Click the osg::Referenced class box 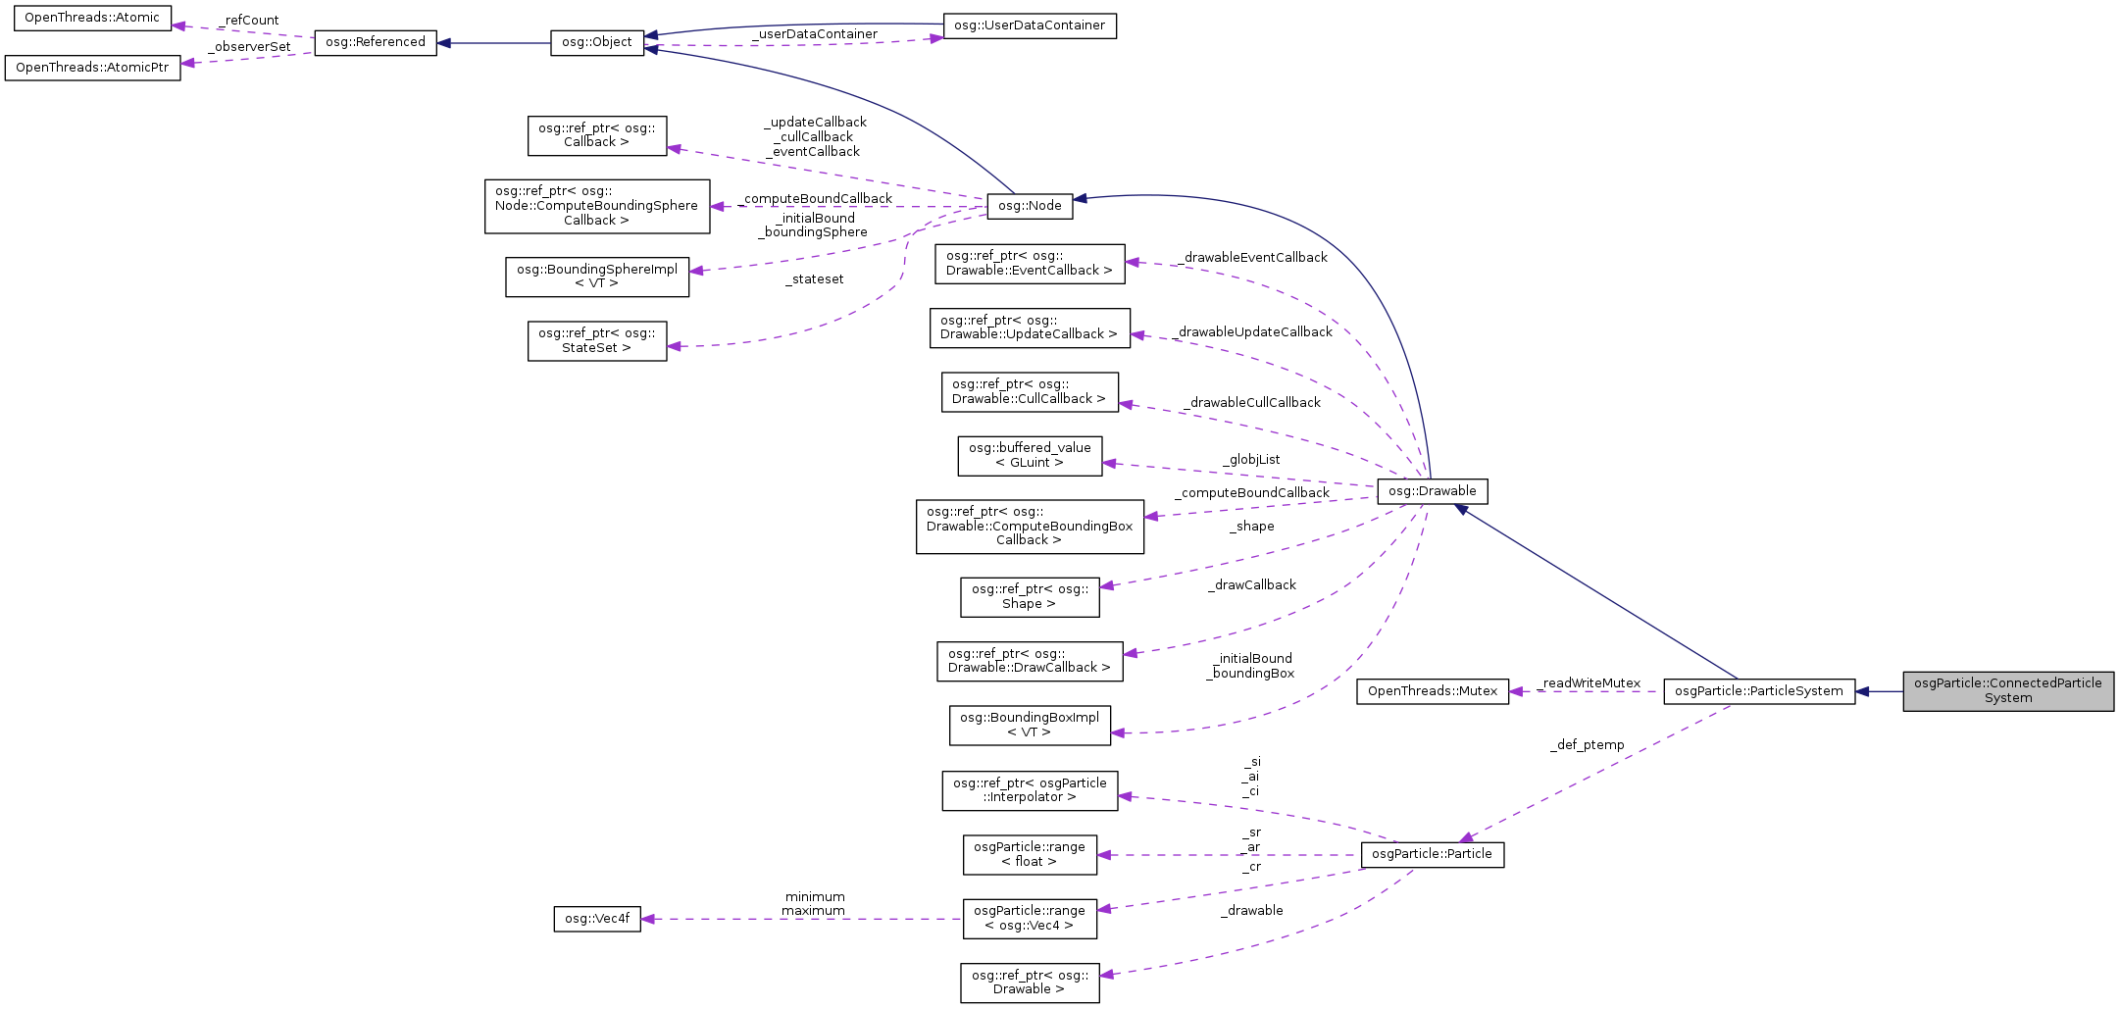(375, 42)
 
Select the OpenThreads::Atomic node (92, 18)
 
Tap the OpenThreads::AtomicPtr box (92, 68)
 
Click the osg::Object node (596, 43)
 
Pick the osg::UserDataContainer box (1029, 25)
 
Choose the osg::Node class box (1030, 206)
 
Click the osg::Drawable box (1432, 491)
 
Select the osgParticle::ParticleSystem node (1758, 691)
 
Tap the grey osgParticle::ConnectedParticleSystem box (2007, 691)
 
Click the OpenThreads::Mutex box (1432, 691)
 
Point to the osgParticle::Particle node (1432, 854)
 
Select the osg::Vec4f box (596, 919)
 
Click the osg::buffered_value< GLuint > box (1029, 456)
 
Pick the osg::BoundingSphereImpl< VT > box (596, 277)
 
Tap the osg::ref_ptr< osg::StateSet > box (596, 340)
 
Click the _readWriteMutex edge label (1589, 683)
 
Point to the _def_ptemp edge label (1587, 745)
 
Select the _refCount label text (249, 21)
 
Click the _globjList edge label (1251, 460)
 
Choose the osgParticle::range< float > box (1029, 854)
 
